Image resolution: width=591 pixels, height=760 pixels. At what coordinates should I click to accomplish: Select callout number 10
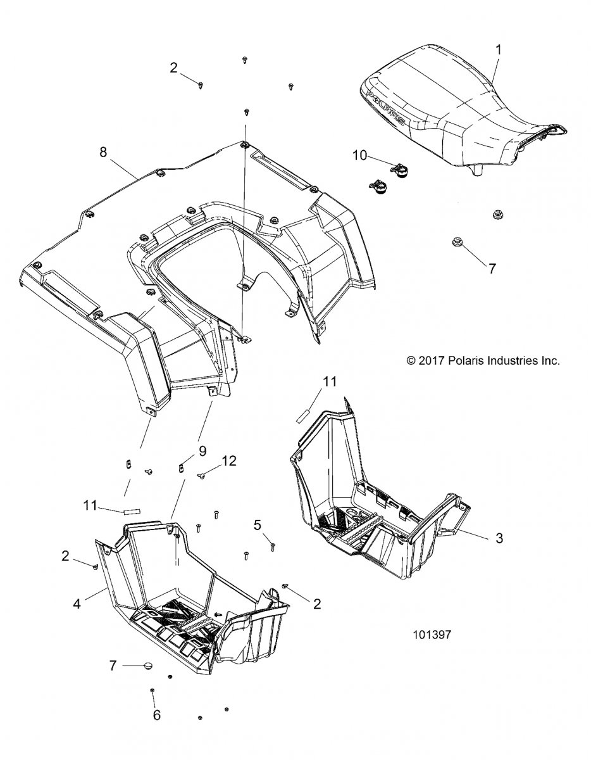click(358, 155)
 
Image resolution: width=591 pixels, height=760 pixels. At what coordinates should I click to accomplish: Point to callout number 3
click(499, 538)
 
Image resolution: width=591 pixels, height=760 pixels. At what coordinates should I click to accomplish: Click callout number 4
click(77, 604)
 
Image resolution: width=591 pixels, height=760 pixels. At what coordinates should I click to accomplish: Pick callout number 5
click(258, 524)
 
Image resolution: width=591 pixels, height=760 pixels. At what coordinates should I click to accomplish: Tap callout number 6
click(156, 715)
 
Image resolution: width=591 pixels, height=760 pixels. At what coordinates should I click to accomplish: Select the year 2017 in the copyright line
click(436, 361)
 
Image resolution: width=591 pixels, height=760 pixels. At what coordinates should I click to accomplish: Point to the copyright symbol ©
click(411, 361)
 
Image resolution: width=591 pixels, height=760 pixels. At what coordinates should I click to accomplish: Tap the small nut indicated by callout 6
click(152, 690)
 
